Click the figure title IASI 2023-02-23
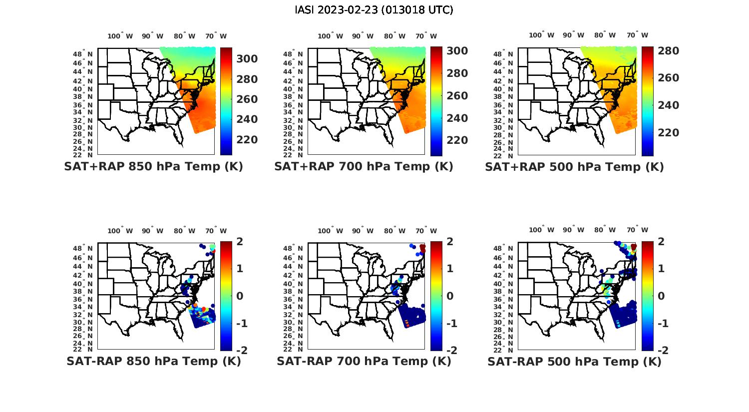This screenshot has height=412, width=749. (x=374, y=10)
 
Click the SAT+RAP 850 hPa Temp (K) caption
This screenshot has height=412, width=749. (x=153, y=167)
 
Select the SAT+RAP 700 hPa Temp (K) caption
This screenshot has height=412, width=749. (x=364, y=167)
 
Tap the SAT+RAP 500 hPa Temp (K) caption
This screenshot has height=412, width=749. (x=574, y=167)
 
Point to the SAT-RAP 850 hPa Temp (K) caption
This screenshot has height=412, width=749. (x=153, y=361)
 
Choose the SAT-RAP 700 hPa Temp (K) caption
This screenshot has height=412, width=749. (x=364, y=361)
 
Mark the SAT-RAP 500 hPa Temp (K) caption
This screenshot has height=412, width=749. (x=574, y=361)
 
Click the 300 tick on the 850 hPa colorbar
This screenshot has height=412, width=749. (x=247, y=59)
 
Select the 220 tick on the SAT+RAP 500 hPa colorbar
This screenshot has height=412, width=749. (x=669, y=133)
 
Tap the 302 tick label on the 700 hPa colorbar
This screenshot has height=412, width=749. (x=457, y=51)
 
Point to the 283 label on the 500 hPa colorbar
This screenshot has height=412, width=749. (x=669, y=51)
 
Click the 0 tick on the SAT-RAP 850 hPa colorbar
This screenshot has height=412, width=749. (x=240, y=296)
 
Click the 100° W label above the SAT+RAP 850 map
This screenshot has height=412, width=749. (x=120, y=36)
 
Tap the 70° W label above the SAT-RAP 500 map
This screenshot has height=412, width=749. (x=637, y=230)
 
